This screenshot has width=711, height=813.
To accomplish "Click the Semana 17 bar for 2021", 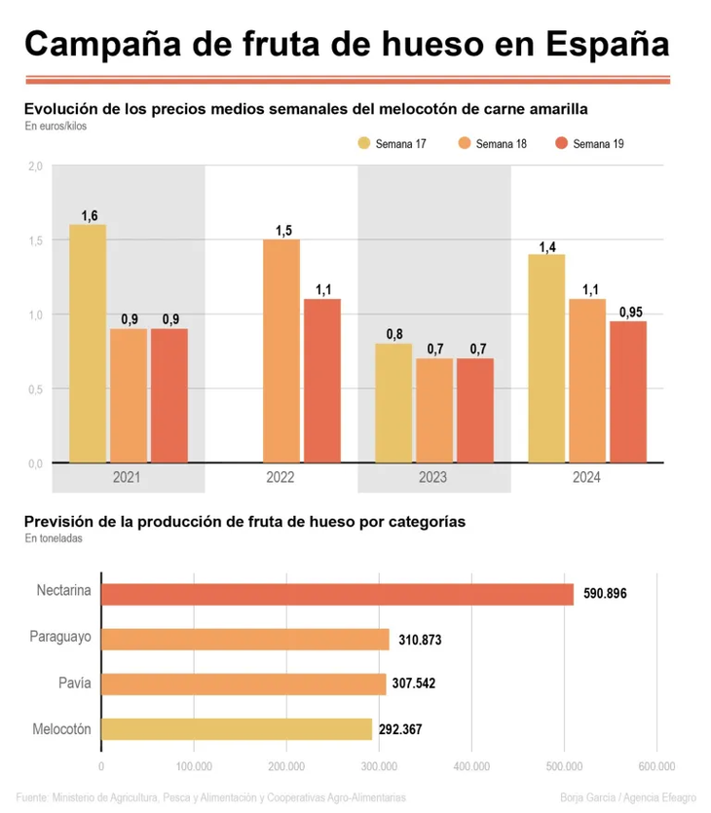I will point(88,343).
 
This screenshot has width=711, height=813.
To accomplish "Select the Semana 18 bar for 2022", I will point(281,351).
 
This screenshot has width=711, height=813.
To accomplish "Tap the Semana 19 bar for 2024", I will point(628,391).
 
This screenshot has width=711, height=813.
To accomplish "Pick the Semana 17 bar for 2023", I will point(393,402).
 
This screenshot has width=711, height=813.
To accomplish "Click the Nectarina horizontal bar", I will point(337,594).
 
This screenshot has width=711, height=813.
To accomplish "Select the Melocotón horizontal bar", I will point(237,728).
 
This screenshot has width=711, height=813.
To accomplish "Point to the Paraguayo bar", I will point(245,639).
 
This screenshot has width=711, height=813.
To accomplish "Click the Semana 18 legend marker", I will point(464,144).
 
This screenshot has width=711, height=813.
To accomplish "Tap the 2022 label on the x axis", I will point(280,478).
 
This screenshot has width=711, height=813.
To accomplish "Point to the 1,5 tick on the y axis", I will point(35,240).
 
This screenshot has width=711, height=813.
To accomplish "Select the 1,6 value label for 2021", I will point(90,215).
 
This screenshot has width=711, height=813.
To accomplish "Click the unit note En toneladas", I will point(54,537).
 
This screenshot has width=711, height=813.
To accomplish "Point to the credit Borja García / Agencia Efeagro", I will point(628,797).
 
